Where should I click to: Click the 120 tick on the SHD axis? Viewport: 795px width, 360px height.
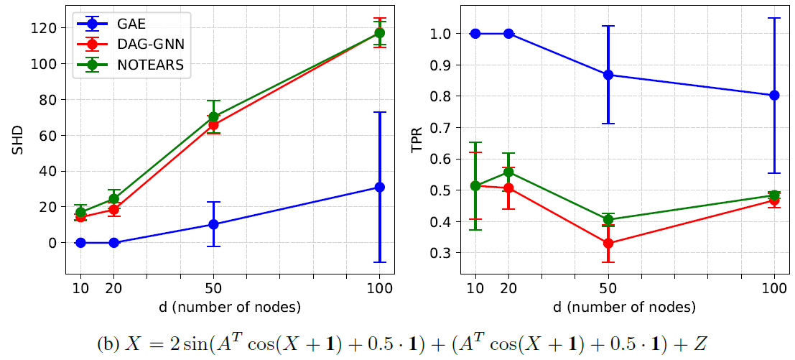click(47, 27)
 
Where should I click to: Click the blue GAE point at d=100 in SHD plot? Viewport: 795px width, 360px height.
click(379, 187)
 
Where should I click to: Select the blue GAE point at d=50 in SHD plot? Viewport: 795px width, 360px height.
click(213, 224)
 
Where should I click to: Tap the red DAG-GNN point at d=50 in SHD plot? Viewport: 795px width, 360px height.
click(213, 124)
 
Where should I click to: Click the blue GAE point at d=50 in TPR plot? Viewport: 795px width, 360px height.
click(608, 75)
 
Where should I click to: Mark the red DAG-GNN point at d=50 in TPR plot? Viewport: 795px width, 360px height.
click(608, 243)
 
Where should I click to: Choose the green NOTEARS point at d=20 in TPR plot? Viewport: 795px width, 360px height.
click(508, 172)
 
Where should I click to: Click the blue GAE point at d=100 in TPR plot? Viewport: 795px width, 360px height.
click(774, 95)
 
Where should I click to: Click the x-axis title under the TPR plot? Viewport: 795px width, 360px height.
click(624, 307)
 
